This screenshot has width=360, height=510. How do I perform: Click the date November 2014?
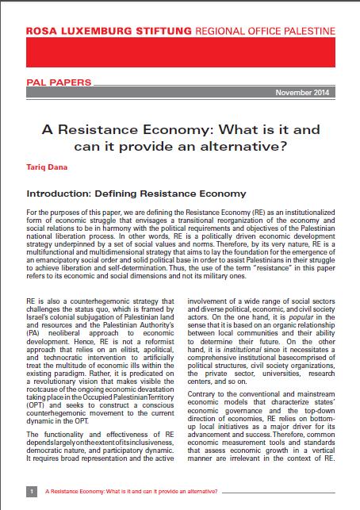pos(314,93)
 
